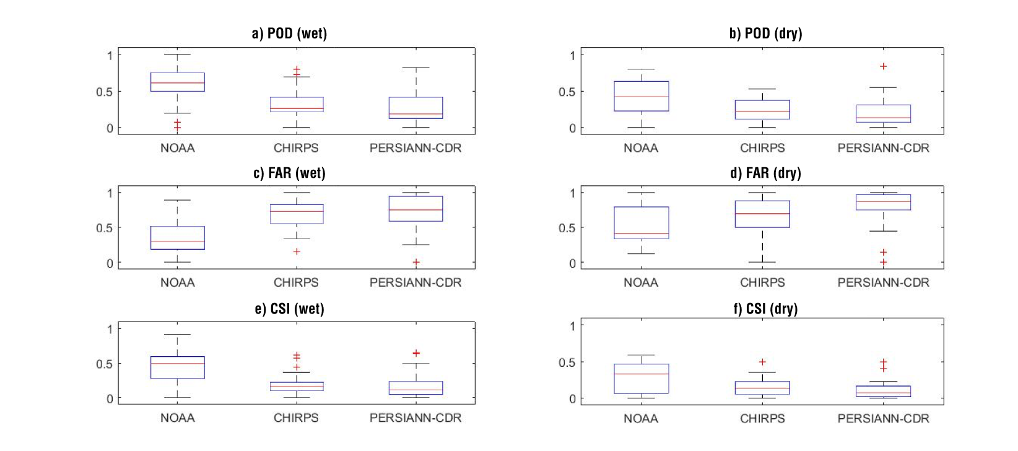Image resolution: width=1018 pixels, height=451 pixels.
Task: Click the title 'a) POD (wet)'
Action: click(x=289, y=33)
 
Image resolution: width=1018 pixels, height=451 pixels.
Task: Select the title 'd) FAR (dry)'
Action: click(x=765, y=173)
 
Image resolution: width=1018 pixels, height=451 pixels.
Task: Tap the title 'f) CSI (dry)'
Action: click(x=765, y=309)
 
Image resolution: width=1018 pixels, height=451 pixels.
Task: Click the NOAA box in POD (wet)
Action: click(x=178, y=82)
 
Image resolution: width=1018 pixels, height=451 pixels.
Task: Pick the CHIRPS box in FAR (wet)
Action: click(x=297, y=214)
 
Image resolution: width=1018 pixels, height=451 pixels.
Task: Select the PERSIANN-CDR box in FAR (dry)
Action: click(x=884, y=203)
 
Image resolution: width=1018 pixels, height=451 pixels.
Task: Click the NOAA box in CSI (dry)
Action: click(x=641, y=379)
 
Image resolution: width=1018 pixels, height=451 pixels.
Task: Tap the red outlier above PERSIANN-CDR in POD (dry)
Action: click(x=884, y=66)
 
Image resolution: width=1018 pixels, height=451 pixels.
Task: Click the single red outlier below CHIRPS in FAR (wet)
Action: click(x=297, y=252)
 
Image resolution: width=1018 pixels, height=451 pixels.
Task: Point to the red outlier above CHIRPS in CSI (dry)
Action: click(x=762, y=362)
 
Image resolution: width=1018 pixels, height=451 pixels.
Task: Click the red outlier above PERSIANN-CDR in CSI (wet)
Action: click(x=416, y=353)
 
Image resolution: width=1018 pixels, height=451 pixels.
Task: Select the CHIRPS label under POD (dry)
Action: click(x=762, y=148)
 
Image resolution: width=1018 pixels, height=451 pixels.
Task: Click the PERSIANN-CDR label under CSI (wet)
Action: click(x=415, y=418)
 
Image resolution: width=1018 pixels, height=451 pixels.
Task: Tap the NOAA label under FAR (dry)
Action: click(x=641, y=282)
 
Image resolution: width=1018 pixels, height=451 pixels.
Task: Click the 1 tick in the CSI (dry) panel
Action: click(x=572, y=326)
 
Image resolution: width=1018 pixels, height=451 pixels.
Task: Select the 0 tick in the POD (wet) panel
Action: click(x=110, y=128)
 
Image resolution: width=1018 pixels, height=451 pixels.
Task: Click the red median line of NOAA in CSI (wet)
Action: click(x=178, y=363)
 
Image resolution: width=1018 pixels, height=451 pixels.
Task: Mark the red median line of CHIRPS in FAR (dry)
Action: click(x=762, y=214)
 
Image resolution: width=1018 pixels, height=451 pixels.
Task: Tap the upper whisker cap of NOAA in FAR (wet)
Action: click(x=178, y=200)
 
